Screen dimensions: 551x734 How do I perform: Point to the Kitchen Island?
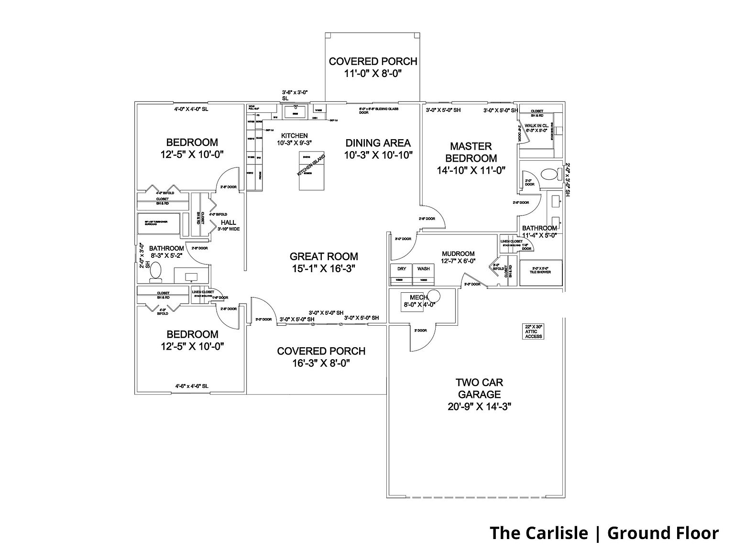311,165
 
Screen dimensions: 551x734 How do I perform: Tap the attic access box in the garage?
534,331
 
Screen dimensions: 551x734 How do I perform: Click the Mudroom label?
458,253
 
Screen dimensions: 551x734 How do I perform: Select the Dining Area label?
378,143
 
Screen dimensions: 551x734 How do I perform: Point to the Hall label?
228,222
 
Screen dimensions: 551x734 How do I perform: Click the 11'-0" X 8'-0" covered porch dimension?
372,74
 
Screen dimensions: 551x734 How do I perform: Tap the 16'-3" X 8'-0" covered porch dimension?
321,363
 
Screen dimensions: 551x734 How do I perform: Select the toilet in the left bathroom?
156,272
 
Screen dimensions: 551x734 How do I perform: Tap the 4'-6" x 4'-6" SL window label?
191,386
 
